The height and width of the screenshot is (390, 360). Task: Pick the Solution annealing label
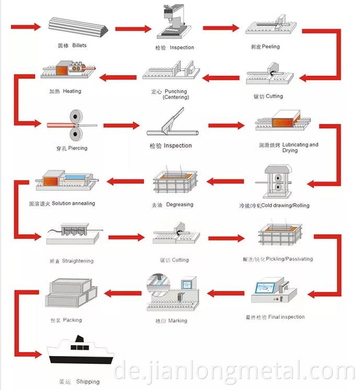pyautogui.click(x=62, y=203)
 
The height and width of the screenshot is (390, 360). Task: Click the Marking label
pyautogui.click(x=171, y=320)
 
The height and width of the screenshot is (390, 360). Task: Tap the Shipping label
pyautogui.click(x=79, y=382)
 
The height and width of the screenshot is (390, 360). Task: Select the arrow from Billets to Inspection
pyautogui.click(x=133, y=28)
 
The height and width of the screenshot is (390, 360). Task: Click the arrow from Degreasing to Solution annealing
pyautogui.click(x=125, y=182)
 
